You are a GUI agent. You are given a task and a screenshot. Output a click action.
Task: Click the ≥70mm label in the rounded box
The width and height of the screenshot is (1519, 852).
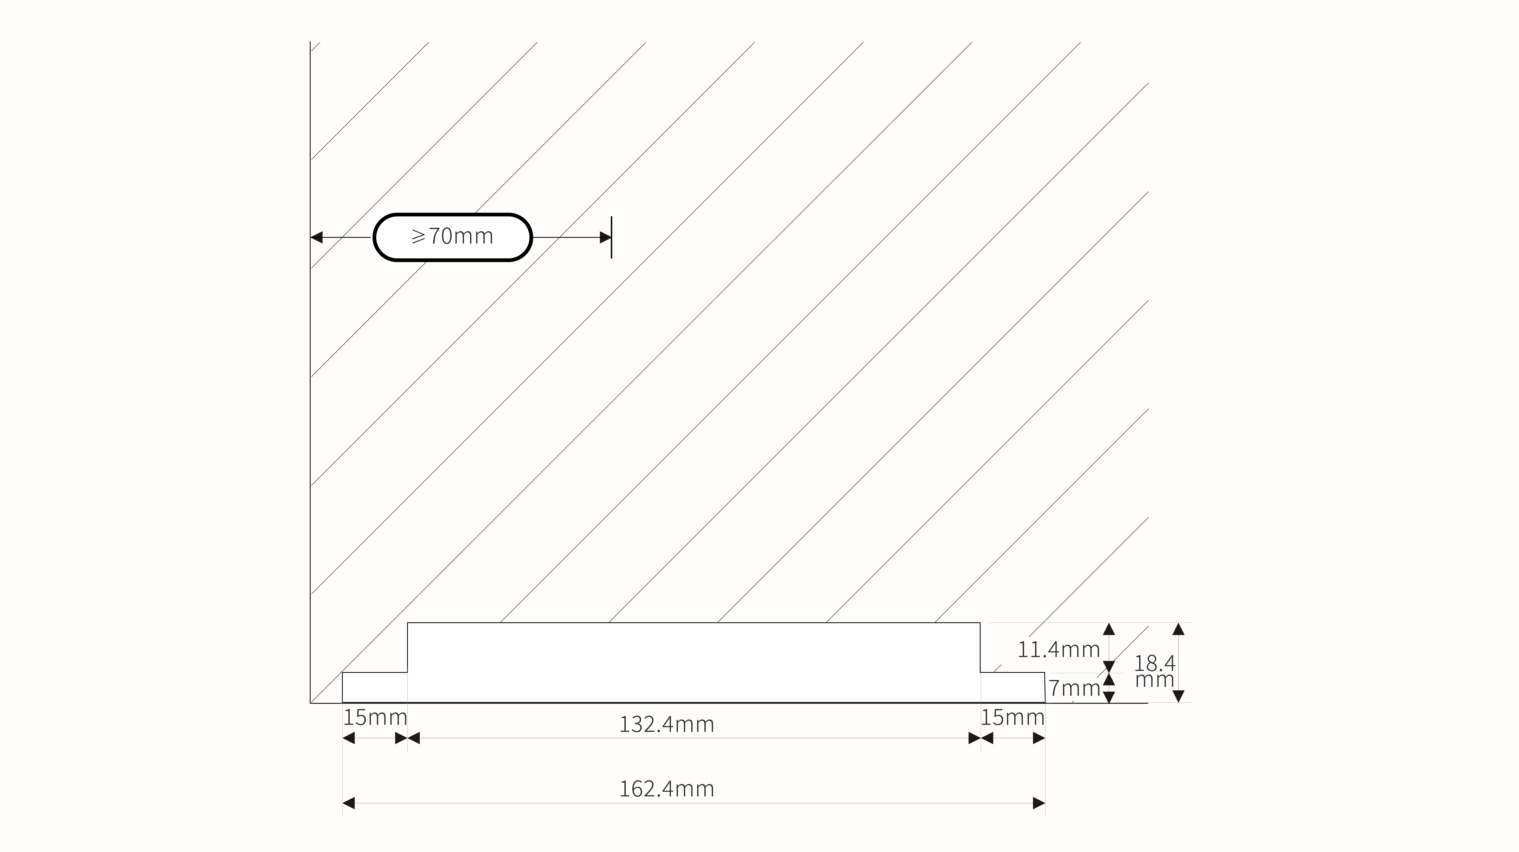[x=452, y=236]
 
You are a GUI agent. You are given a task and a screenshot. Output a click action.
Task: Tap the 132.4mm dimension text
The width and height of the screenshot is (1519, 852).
[x=666, y=724]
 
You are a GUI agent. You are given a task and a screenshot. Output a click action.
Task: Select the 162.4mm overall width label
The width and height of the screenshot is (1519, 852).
[x=666, y=789]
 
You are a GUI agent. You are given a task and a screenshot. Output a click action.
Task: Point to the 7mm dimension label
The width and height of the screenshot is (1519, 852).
[x=1074, y=688]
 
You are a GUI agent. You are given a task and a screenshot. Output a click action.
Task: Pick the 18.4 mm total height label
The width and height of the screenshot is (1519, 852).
[x=1155, y=672]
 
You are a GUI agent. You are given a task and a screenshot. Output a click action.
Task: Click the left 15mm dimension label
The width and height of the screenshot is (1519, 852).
[x=375, y=718]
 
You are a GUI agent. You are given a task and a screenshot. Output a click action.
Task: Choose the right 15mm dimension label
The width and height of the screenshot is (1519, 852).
[x=1012, y=718]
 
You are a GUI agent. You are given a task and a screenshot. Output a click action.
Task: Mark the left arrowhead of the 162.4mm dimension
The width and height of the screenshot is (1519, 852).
[x=349, y=803]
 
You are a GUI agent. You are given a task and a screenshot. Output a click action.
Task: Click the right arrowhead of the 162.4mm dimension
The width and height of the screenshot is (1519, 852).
[x=1039, y=803]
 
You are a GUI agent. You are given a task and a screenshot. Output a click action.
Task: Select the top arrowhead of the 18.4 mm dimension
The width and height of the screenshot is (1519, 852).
[x=1178, y=629]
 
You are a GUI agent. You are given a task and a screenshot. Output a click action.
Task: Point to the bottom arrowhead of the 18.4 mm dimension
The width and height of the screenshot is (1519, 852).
[x=1178, y=696]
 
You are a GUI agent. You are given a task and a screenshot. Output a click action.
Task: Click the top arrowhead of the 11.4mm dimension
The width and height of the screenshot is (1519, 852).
[x=1109, y=629]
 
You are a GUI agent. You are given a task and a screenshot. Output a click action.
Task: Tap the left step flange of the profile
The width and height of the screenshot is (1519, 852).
[x=375, y=687]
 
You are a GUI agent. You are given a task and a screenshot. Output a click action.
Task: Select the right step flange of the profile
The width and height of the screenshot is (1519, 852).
[x=1012, y=687]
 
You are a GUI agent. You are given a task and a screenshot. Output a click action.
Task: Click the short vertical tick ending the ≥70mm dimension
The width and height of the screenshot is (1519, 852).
[x=612, y=237]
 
